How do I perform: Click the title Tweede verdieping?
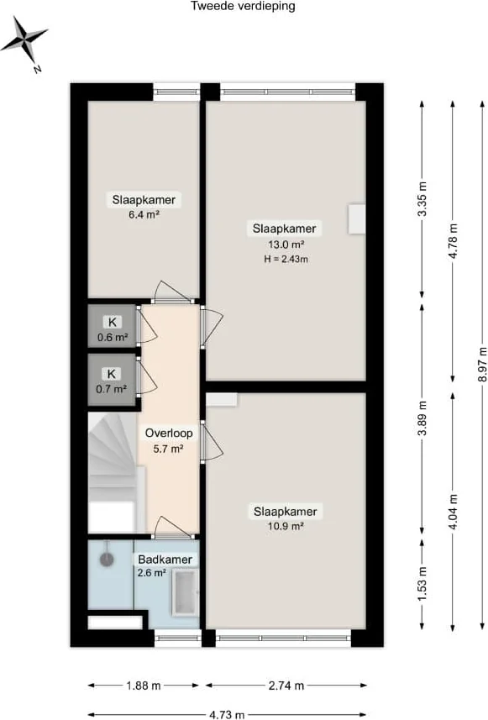pos(243,6)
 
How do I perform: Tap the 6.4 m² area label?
pos(144,214)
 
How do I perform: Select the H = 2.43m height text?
pos(286,259)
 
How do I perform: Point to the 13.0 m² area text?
pos(286,244)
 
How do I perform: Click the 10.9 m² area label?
pos(286,526)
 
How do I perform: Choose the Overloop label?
pos(169,433)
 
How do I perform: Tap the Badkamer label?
pos(165,560)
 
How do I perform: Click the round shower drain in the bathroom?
pos(107,560)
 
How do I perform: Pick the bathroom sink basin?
pos(186,592)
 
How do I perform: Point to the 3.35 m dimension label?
pos(422,199)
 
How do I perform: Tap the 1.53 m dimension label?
pos(422,583)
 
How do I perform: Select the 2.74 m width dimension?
pos(286,686)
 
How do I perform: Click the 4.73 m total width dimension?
pos(227,714)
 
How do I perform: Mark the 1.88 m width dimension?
pos(144,686)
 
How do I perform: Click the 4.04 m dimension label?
pos(453,511)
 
